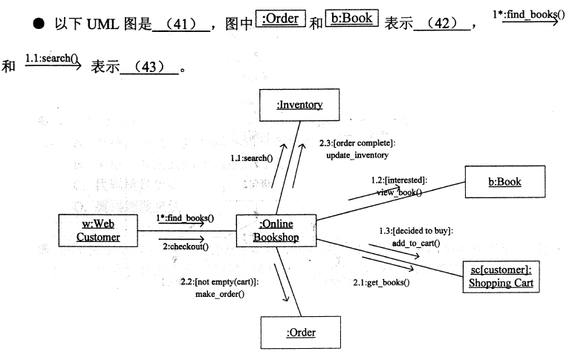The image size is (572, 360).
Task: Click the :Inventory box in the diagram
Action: pyautogui.click(x=299, y=105)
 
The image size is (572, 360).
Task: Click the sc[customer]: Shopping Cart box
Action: pyautogui.click(x=501, y=276)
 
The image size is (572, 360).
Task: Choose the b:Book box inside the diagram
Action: pyautogui.click(x=504, y=181)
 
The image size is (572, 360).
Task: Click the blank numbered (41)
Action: pyautogui.click(x=179, y=25)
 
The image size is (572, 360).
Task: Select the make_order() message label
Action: pyautogui.click(x=220, y=294)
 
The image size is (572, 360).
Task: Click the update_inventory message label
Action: pyautogui.click(x=357, y=155)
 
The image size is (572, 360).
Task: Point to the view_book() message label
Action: pyautogui.click(x=399, y=192)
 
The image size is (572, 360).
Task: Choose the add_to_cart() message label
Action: pyautogui.click(x=416, y=243)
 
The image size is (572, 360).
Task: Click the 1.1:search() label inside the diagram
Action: pyautogui.click(x=251, y=158)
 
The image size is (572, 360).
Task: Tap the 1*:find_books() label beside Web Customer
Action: pyautogui.click(x=186, y=217)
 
